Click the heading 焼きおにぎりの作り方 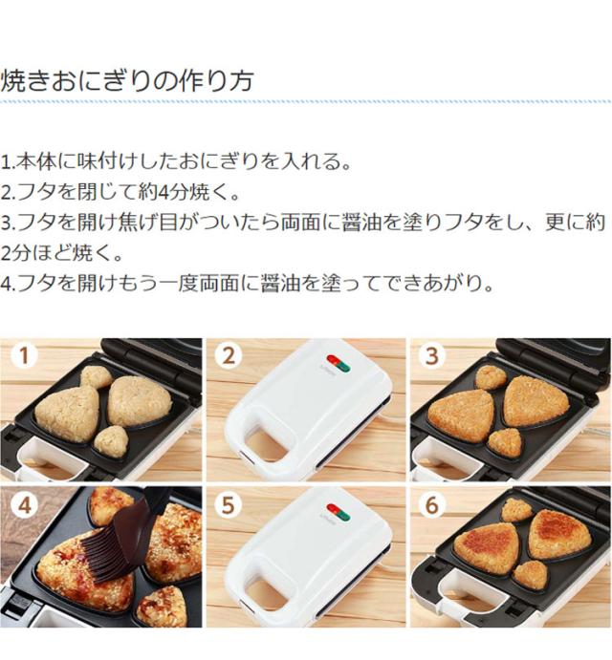point(127,80)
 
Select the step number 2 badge point(228,357)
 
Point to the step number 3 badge point(433,357)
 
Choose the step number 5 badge point(228,505)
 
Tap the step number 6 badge point(433,505)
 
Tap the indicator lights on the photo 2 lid point(338,364)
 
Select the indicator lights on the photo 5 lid point(338,511)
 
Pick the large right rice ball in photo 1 point(140,399)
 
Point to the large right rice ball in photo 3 point(535,400)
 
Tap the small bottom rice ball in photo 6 point(530,574)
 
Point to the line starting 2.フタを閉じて point(120,192)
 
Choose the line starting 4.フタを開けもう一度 point(247,285)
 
